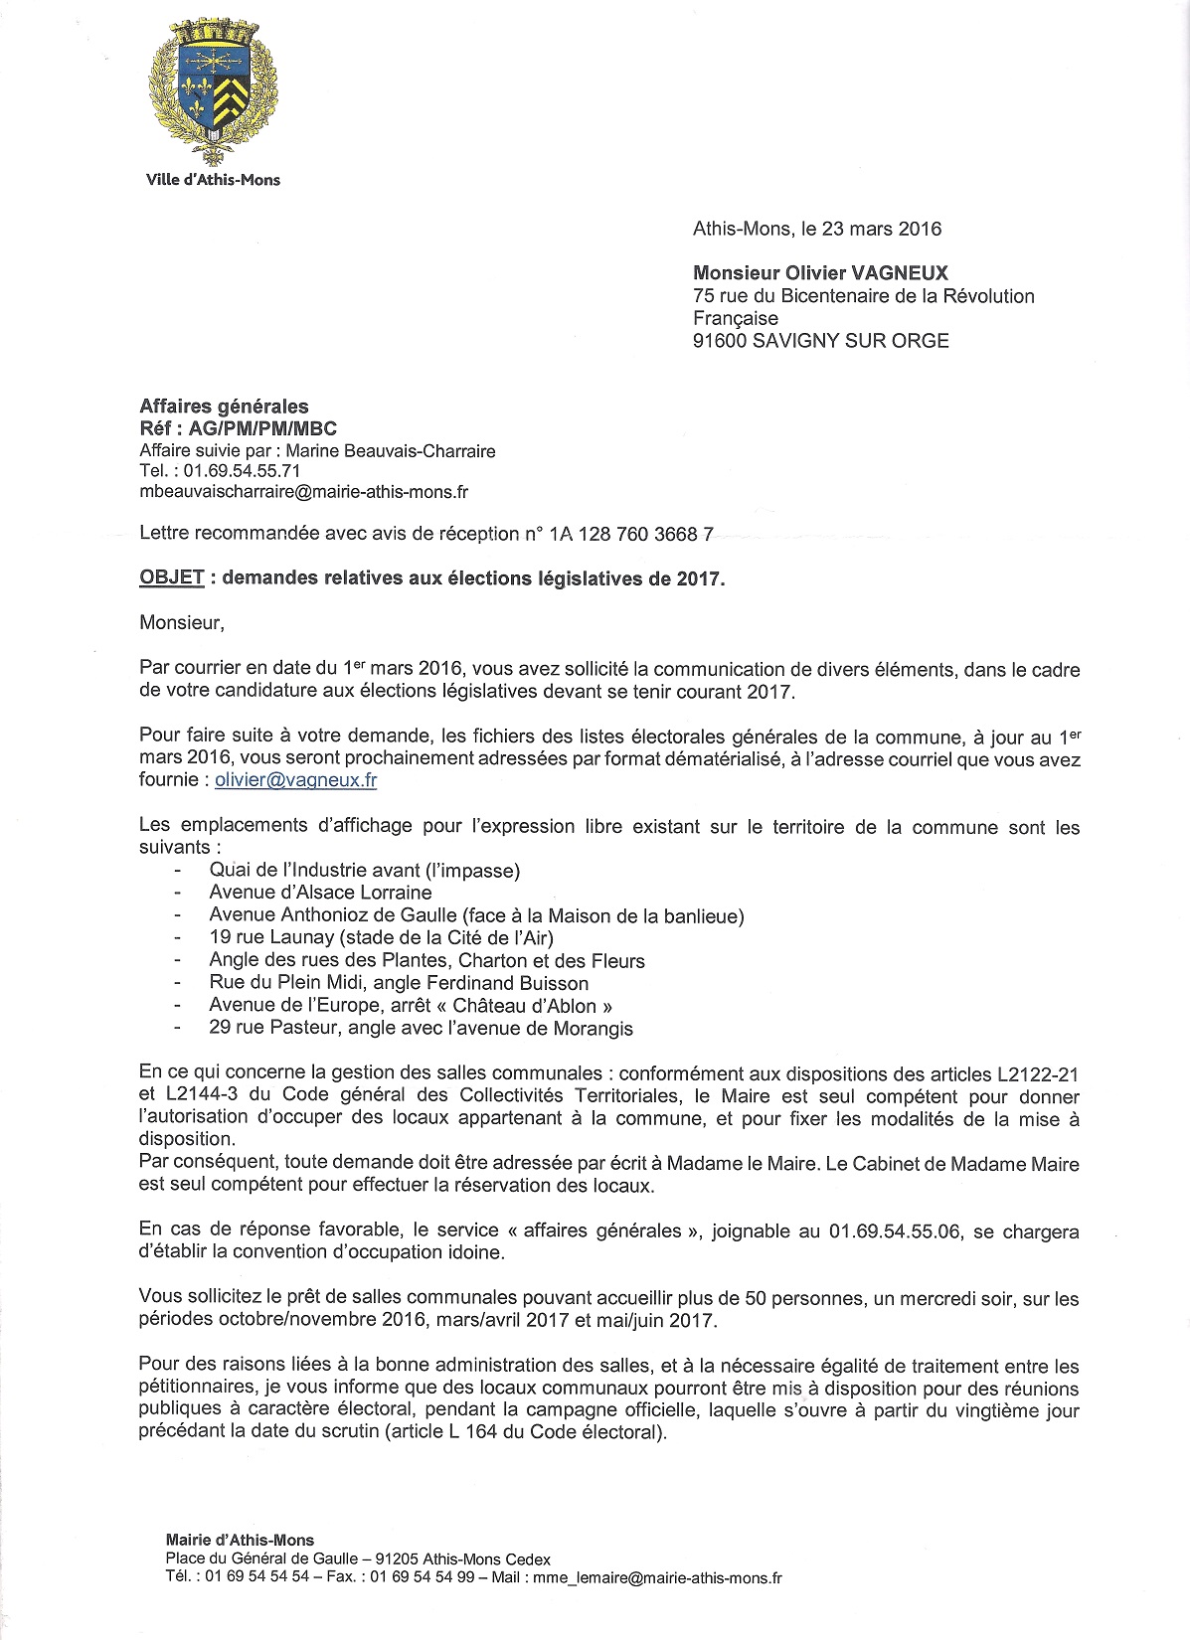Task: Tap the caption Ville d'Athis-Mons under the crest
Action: [213, 180]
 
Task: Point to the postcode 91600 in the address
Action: [720, 341]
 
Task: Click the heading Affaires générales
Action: [224, 407]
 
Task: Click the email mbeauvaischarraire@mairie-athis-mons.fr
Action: [303, 492]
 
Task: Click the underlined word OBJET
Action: [171, 578]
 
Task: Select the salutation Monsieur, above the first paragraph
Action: [182, 623]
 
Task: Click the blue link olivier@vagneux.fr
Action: [296, 780]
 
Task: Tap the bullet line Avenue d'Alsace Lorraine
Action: [320, 893]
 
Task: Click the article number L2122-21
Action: [1037, 1074]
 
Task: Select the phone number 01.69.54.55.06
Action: [895, 1231]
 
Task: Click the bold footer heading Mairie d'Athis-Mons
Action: [240, 1540]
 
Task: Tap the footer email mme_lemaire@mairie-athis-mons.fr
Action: [657, 1577]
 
